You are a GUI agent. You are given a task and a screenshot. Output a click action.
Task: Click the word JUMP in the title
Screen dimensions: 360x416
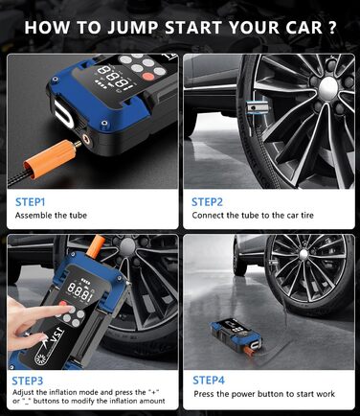click(x=133, y=27)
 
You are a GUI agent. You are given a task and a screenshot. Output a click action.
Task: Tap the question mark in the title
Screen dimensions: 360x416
click(x=331, y=27)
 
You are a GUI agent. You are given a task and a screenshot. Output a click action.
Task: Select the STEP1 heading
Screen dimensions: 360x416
click(x=31, y=202)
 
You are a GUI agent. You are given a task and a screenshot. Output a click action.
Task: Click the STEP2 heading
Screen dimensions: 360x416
click(x=207, y=202)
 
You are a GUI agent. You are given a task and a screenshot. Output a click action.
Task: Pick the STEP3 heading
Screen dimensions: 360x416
click(x=28, y=381)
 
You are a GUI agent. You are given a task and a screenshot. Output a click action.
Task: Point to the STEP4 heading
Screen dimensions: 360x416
click(x=209, y=381)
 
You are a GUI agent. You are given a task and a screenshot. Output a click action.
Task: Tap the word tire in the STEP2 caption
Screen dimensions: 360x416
click(x=306, y=215)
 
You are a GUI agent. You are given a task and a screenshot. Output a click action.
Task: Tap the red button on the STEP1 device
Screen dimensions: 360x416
click(x=148, y=77)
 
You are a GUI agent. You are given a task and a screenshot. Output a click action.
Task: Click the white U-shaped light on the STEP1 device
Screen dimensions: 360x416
click(x=64, y=113)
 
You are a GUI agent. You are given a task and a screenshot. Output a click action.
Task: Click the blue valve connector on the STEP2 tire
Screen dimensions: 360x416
click(x=258, y=107)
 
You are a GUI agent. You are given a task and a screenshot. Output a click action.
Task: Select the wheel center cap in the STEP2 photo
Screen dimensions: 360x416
click(x=327, y=85)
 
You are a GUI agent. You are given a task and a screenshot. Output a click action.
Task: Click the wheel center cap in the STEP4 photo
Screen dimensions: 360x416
click(x=304, y=255)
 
